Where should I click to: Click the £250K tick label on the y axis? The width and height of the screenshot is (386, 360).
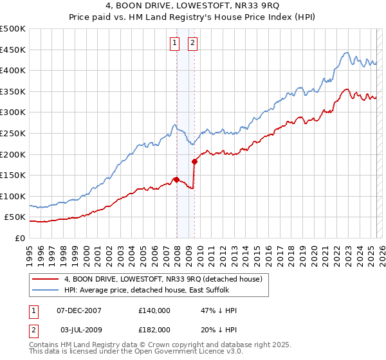pos(13,133)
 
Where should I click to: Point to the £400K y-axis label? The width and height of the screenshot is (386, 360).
pos(13,70)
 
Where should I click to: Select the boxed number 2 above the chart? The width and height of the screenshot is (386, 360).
pos(192,43)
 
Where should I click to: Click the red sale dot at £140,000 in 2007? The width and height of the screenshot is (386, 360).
pos(176,179)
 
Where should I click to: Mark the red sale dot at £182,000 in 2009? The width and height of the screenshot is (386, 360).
pos(194,162)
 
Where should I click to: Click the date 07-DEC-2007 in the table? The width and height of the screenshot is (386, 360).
pos(79,310)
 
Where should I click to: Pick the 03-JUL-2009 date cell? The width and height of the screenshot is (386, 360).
pos(79,329)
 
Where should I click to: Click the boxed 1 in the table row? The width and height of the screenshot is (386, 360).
pos(33,310)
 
